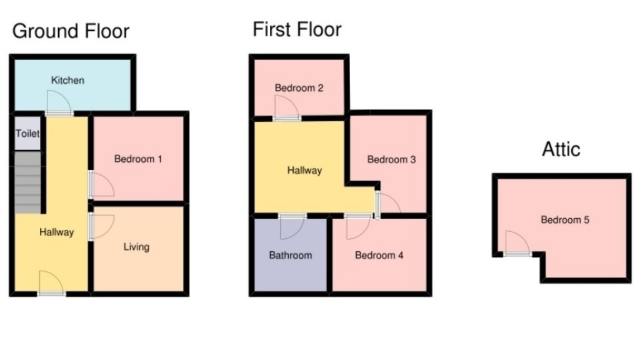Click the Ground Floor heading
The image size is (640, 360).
coord(71,31)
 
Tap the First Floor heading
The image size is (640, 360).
coord(297,29)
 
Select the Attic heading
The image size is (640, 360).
coord(561,149)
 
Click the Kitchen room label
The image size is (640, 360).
coord(67,81)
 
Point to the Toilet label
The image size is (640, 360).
coord(27,134)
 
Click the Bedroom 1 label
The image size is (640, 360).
coord(138,159)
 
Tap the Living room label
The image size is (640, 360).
coord(136,247)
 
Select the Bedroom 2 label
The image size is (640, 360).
coord(299,88)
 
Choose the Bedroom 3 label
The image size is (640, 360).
coord(391,159)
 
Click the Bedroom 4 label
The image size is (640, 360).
coord(379,255)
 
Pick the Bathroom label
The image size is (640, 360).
coord(290,255)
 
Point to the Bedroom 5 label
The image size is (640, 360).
coord(565,220)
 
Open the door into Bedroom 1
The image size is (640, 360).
coord(100,185)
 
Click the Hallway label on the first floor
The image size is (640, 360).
coord(304,170)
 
